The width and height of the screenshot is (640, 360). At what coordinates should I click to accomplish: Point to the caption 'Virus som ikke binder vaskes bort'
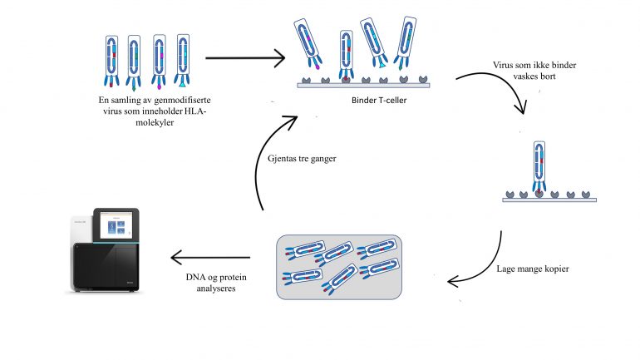525,68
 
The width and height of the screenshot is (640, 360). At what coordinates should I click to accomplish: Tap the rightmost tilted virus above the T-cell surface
406,42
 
